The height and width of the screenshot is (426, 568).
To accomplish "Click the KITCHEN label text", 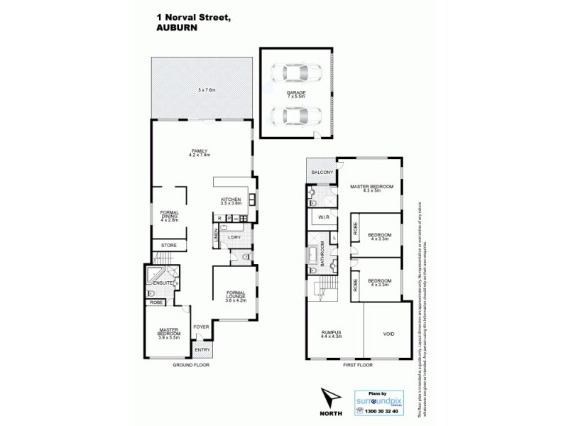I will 231,200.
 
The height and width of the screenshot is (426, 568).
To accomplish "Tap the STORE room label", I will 168,245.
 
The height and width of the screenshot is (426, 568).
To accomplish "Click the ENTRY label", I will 202,350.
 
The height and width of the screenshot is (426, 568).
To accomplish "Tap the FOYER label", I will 201,327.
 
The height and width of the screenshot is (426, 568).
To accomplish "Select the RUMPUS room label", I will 332,332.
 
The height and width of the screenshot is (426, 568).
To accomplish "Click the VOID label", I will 388,333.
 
